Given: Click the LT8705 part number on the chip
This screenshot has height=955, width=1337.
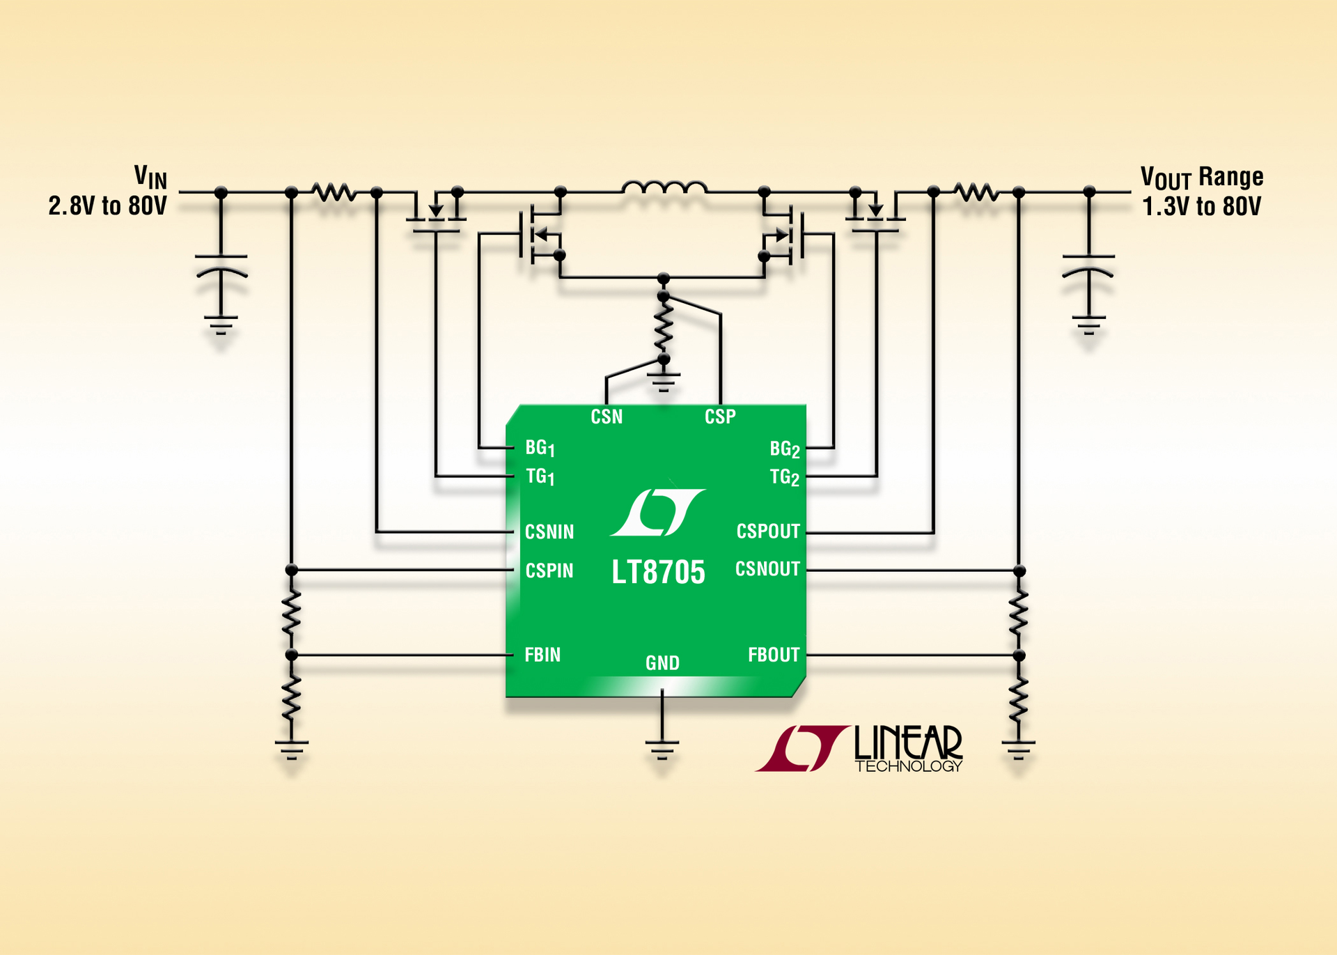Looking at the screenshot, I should (658, 573).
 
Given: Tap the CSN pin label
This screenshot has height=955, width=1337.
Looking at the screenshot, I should (607, 417).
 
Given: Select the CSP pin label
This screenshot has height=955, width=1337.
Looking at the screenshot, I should (720, 417).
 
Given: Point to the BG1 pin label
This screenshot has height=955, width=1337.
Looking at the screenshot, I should (540, 448).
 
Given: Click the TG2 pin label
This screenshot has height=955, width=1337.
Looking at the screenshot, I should (784, 478).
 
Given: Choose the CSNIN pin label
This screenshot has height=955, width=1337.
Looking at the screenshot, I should (549, 532).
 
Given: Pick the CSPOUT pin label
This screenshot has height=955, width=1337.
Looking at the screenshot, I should (768, 531).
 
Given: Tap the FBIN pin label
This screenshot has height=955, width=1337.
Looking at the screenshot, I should (542, 655).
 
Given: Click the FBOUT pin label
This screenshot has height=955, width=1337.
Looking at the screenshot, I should (774, 655).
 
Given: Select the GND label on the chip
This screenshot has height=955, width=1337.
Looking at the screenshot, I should (662, 663).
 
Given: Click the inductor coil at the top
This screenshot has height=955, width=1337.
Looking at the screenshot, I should (664, 187).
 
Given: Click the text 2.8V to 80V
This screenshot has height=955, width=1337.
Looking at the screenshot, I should (108, 206).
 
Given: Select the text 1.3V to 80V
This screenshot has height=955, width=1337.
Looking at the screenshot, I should (1201, 207).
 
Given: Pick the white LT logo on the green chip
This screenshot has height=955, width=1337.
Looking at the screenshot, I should (658, 513).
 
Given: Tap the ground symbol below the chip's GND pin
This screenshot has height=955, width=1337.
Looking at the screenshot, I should (662, 750).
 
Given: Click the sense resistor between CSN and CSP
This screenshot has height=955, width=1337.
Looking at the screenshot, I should (664, 327).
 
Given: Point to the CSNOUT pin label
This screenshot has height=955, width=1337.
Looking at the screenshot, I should (767, 569).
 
